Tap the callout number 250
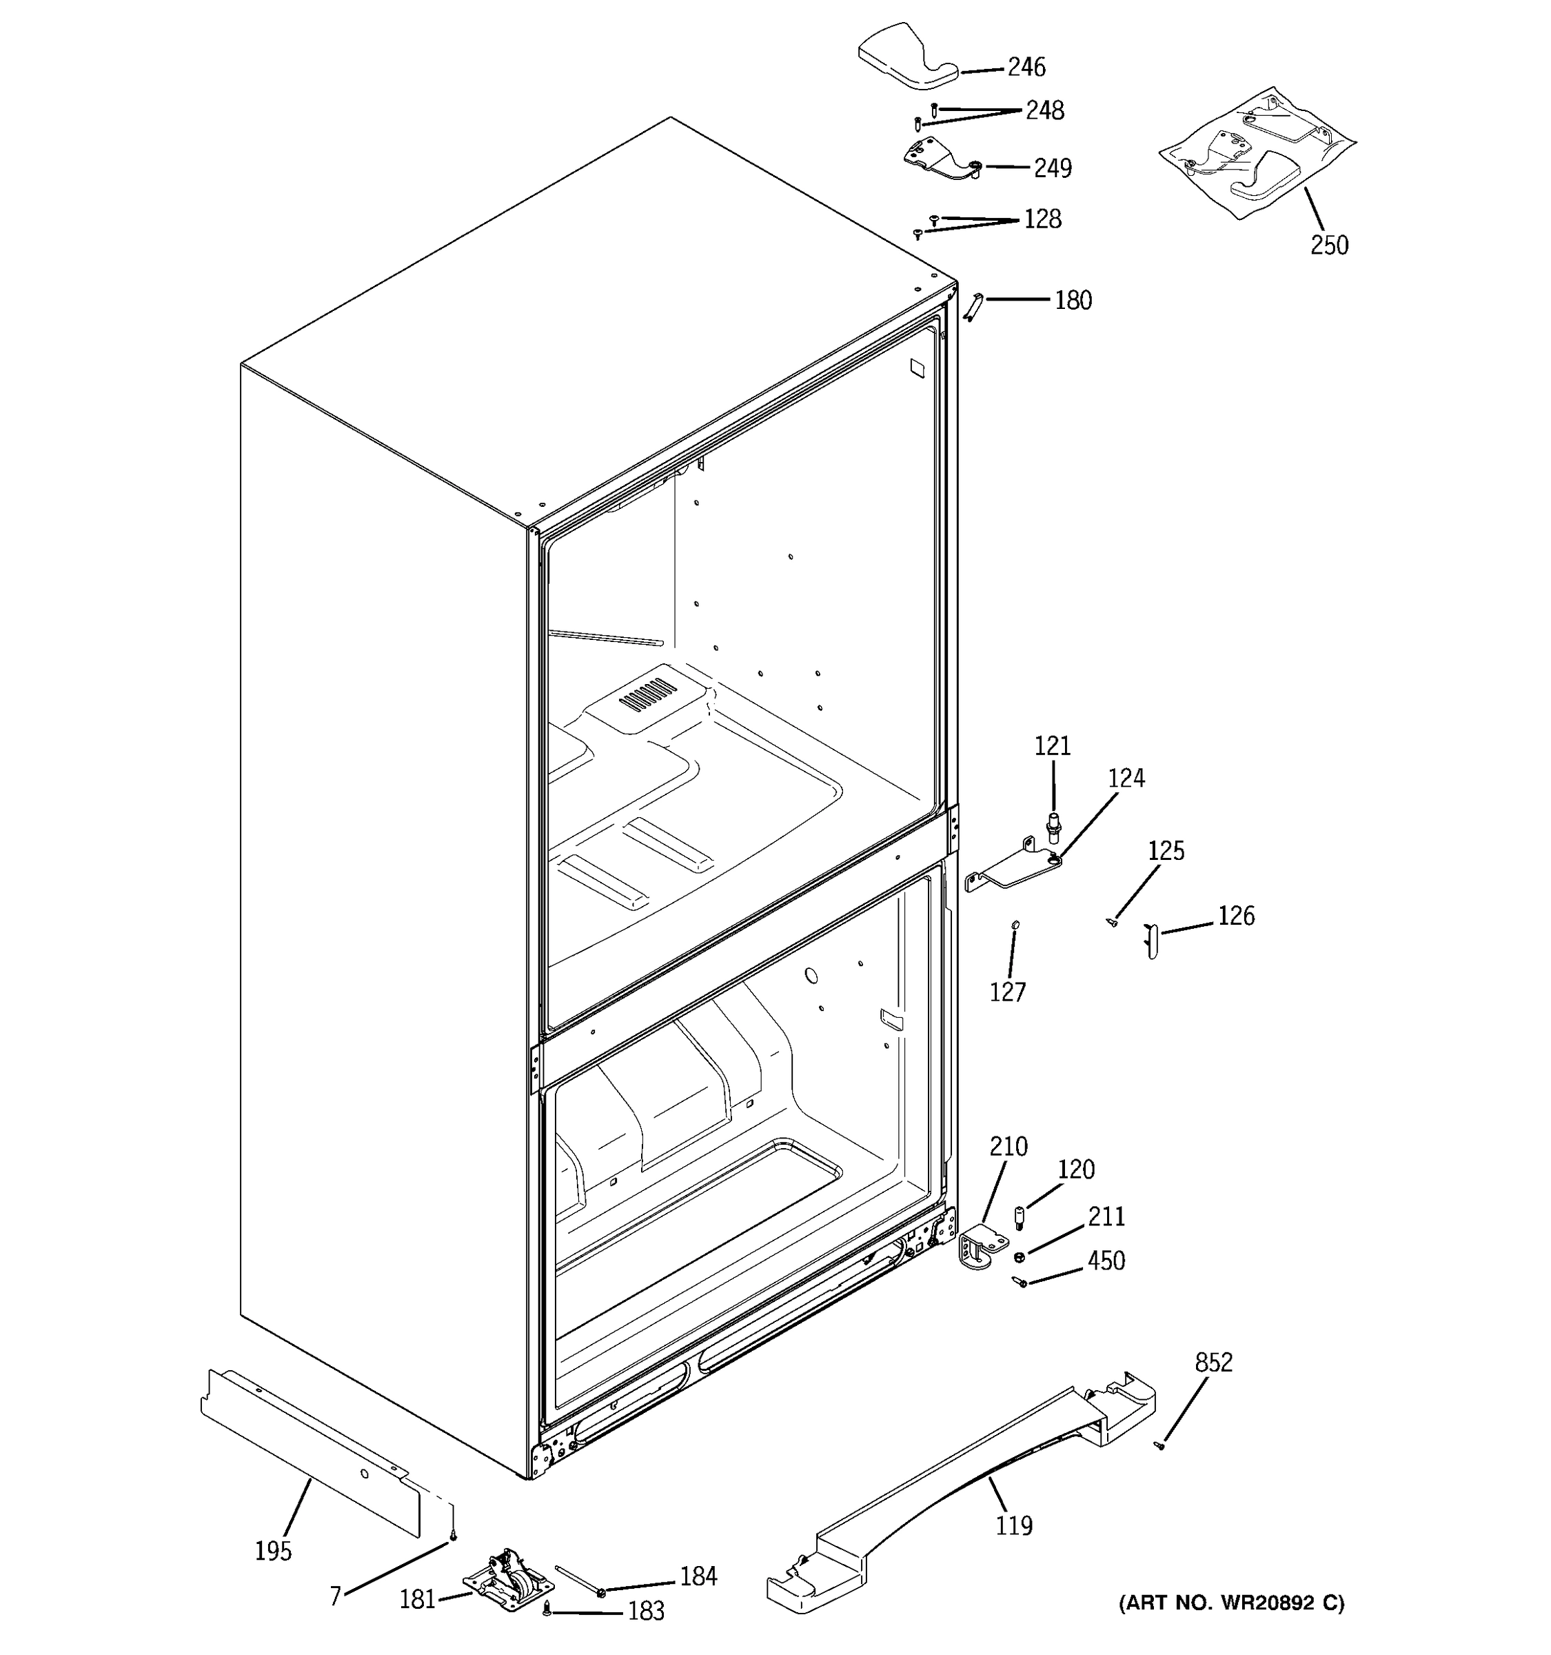pos(1329,245)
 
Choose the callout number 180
pos(1073,301)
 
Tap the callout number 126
pos(1236,916)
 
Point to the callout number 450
pos(1106,1261)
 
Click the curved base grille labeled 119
pos(957,1490)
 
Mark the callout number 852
pos(1213,1363)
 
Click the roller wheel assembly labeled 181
pos(498,1580)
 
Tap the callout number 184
pos(698,1576)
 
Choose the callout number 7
pos(335,1596)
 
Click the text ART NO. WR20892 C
pos(1231,1603)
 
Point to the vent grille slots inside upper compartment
pos(647,694)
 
